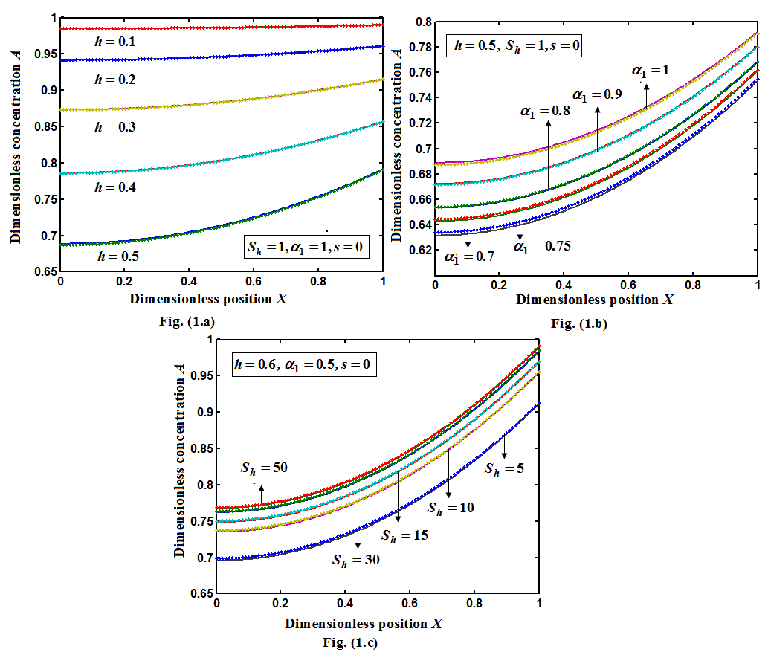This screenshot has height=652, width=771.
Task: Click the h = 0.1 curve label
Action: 114,42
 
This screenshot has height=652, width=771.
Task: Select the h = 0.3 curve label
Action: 114,127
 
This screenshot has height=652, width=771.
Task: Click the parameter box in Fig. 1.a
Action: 303,246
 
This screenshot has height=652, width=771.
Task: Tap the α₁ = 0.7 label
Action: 470,256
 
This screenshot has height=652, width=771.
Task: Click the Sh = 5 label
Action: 503,468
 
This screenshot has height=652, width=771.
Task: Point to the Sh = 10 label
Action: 450,508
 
